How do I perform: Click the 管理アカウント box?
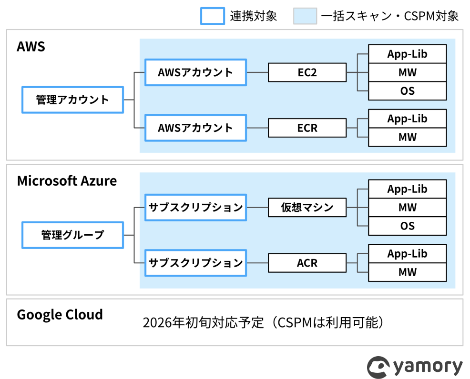pos(72,100)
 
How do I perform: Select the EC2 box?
pos(307,72)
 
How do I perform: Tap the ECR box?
pos(307,128)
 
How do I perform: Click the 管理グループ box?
pos(72,235)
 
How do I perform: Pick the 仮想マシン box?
pos(307,208)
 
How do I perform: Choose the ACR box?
pos(307,263)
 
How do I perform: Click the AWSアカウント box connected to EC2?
pos(196,72)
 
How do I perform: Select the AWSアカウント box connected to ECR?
pos(196,128)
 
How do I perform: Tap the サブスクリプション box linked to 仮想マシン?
pos(196,208)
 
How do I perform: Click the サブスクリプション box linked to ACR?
pos(196,263)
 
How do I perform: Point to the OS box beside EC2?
pos(408,91)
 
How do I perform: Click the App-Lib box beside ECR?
pos(408,119)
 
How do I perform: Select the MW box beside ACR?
pos(408,272)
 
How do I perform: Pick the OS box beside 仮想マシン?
pos(408,226)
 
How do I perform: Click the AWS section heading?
pos(31,47)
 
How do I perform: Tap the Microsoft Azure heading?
pos(67,181)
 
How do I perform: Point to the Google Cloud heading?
pos(60,315)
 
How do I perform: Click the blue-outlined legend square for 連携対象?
pos(213,16)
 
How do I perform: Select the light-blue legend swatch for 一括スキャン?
pos(305,16)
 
